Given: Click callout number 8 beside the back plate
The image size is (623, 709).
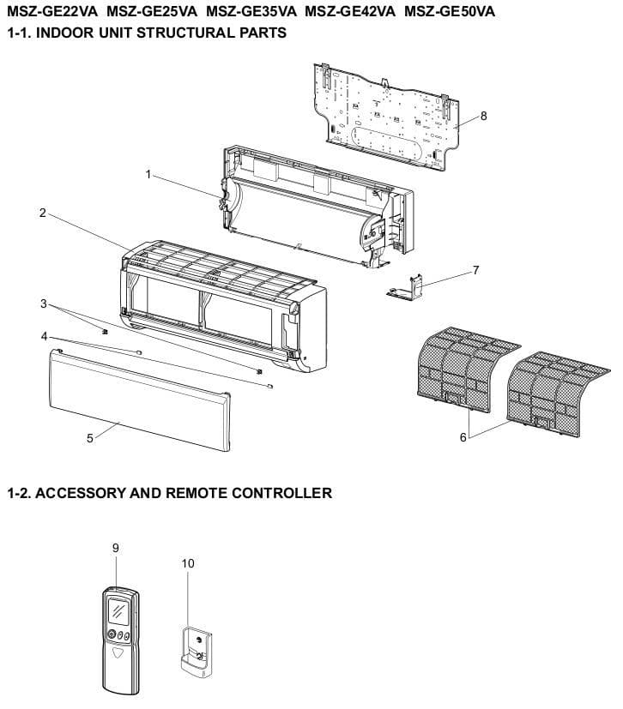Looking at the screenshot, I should pos(484,117).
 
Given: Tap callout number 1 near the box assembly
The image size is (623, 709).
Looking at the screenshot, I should pos(148,175).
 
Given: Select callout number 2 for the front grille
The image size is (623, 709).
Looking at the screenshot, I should pos(43,213).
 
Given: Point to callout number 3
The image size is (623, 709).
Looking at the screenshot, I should pos(44,303).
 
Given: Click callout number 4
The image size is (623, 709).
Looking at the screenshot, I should pos(44,336).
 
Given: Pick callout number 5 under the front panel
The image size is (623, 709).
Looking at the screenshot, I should pos(90,437).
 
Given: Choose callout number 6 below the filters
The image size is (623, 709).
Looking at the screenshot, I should pos(464,436).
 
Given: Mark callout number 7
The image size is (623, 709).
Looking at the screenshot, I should pos(475,270).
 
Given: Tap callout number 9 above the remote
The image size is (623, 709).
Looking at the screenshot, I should pos(116,548).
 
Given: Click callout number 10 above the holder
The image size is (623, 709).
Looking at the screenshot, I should pos(189,563).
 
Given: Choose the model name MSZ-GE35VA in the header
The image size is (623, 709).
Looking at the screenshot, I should pos(251,13).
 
